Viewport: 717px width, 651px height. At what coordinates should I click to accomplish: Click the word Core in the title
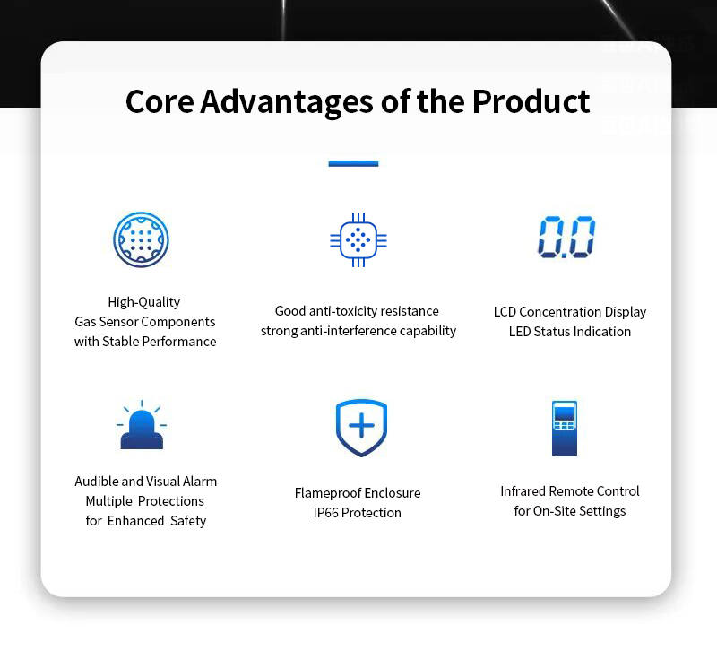pos(160,101)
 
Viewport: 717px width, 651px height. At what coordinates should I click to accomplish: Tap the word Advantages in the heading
pos(287,102)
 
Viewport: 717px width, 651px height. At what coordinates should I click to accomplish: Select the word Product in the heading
pos(531,101)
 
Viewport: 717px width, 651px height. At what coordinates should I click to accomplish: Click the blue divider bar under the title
pos(353,163)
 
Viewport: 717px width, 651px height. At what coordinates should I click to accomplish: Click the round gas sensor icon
pos(141,239)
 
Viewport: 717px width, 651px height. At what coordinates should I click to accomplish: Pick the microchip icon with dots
pos(358,239)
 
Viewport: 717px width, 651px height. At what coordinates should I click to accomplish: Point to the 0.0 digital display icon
pos(566,237)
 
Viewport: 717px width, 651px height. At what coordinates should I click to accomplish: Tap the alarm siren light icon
pos(142,424)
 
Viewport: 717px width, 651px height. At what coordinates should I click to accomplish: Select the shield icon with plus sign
pos(362,428)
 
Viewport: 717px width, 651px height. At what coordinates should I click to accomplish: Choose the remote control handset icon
pos(565,429)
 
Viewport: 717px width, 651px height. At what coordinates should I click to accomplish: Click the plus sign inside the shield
pos(362,425)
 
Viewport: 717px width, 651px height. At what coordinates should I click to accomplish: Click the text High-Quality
pos(144,302)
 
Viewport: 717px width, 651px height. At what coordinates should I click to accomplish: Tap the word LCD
pos(505,312)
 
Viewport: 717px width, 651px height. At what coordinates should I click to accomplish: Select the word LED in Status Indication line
pos(520,332)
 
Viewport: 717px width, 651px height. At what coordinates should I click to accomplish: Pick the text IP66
pos(325,513)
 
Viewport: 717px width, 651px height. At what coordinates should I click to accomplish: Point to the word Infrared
pos(523,491)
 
